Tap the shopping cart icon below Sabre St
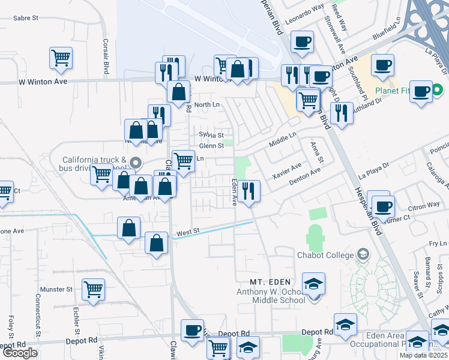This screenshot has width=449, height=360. pos(61,58)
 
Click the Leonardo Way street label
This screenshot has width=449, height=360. pos(304,13)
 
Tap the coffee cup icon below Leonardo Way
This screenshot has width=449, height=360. pos(302,42)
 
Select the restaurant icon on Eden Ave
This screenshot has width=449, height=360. pos(249,191)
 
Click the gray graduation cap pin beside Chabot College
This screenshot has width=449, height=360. pos(363,254)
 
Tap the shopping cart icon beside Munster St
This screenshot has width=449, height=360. pos(93,290)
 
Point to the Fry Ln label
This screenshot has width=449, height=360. pos(439,244)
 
